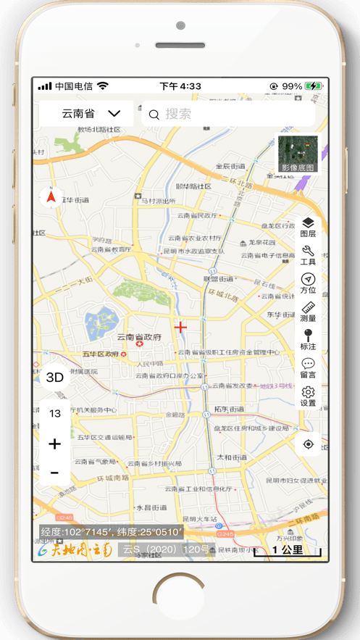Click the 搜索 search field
(x=228, y=114)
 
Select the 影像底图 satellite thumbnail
(x=298, y=154)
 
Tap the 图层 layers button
(x=308, y=228)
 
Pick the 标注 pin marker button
(x=308, y=340)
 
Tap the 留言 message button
(x=308, y=368)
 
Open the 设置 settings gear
(x=308, y=396)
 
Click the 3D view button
(x=55, y=377)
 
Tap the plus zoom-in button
(x=55, y=444)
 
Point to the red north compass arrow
(x=51, y=196)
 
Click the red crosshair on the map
(x=180, y=327)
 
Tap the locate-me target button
(x=309, y=444)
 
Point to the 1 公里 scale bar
(x=288, y=551)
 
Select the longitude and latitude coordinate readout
(x=112, y=532)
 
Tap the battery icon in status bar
(x=314, y=86)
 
